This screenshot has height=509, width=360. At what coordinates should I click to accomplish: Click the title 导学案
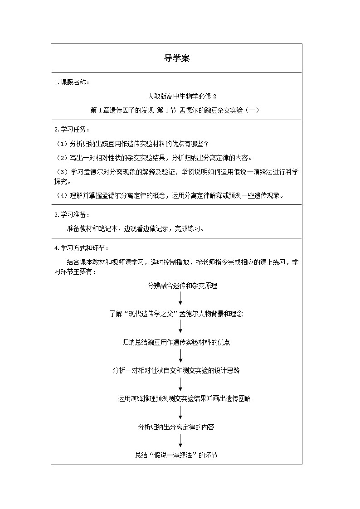pos(176,58)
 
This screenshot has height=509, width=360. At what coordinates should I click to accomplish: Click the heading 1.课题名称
pos(72,82)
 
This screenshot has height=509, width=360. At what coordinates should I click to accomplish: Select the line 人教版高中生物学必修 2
pos(176,96)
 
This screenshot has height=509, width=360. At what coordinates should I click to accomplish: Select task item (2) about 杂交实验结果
pos(153,158)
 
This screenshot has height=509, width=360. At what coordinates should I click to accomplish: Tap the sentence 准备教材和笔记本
pos(136,228)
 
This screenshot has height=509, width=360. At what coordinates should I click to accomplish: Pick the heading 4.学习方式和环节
pos(81,248)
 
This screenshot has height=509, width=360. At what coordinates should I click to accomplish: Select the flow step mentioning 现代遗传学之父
pos(176,314)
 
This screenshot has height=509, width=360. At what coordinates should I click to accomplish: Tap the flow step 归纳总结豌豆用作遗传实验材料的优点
pos(176,342)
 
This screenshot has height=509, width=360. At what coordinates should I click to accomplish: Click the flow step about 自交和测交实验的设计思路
pos(176,370)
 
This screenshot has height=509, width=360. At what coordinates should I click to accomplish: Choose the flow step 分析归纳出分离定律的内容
pos(176,427)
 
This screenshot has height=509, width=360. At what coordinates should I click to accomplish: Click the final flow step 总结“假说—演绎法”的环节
pos(176,455)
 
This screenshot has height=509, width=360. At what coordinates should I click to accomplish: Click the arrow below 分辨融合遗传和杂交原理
pos(181,299)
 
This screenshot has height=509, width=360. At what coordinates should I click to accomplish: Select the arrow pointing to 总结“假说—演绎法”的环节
pos(181,441)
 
